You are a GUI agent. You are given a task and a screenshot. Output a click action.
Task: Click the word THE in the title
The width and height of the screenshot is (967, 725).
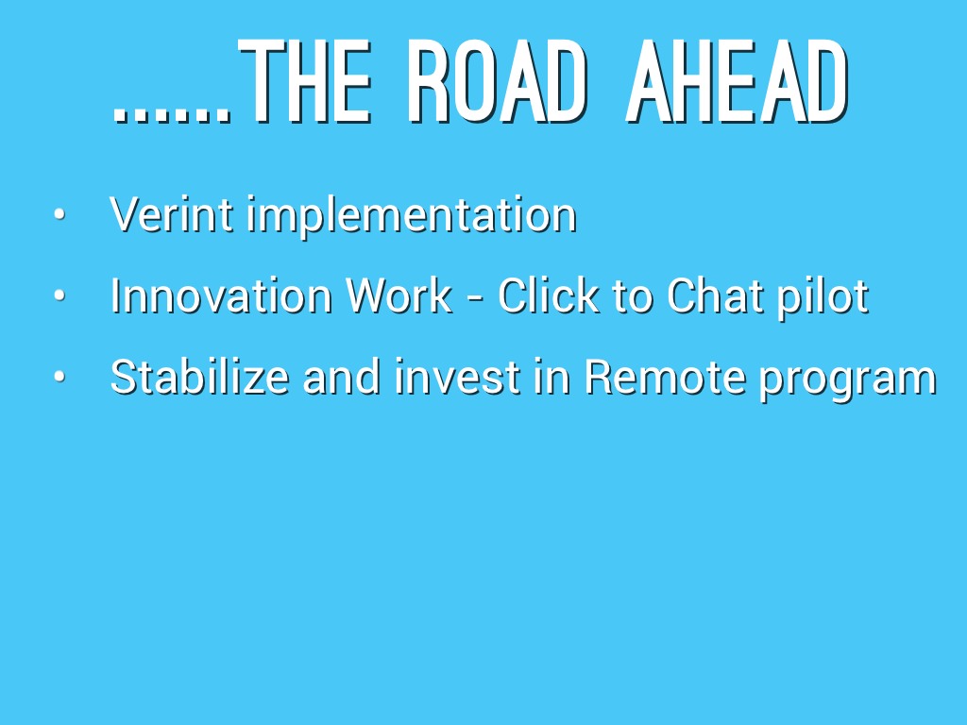tap(305, 81)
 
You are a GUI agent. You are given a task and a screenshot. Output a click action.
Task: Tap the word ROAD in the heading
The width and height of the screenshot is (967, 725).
tap(495, 81)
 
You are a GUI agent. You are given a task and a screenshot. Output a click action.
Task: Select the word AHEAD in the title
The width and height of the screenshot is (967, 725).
tap(738, 81)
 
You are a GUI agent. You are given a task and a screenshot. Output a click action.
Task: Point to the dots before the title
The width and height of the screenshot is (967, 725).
tap(173, 114)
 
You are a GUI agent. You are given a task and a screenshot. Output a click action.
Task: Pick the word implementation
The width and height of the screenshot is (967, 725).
tap(412, 216)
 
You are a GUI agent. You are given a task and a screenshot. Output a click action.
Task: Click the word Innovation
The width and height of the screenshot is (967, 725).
tap(221, 295)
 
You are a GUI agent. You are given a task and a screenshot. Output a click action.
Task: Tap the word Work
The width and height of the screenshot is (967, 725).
tap(399, 295)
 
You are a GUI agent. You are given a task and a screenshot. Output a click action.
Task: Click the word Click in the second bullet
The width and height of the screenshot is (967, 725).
tap(549, 295)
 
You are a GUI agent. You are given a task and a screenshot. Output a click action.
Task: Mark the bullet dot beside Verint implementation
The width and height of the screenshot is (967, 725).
tap(59, 214)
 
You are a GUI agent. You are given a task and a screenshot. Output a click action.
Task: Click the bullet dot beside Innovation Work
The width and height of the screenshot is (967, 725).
tap(59, 295)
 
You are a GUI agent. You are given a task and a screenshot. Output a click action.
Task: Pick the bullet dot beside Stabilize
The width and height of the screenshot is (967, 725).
tap(59, 376)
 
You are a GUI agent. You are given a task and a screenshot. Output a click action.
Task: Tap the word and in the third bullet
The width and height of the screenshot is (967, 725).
tap(342, 377)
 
